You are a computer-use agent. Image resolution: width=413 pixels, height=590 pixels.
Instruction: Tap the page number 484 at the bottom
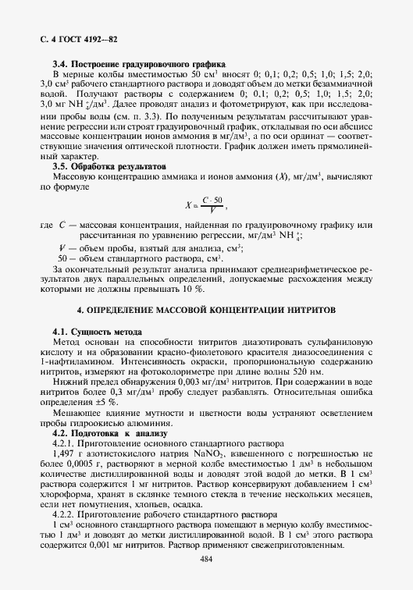pos(206,559)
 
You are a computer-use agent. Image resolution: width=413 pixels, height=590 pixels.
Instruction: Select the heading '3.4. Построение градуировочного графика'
pos(138,62)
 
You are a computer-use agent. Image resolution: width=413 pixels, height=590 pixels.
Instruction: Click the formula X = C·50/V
pos(205,206)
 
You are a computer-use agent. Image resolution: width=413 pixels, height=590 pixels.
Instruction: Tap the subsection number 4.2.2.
pos(63,514)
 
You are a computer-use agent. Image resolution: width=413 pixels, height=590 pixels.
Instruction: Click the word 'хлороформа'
pos(66,494)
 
